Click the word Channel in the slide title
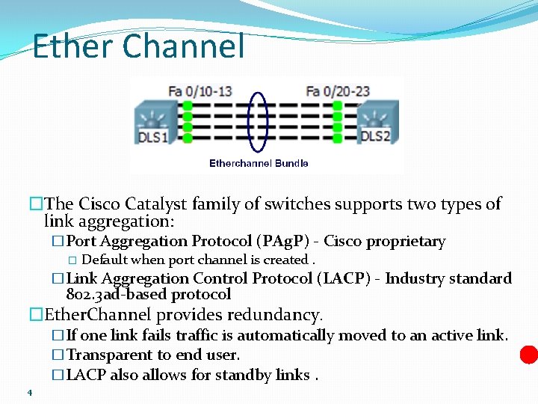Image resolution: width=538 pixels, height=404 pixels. [x=182, y=46]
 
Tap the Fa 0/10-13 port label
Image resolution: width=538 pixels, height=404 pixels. [x=200, y=91]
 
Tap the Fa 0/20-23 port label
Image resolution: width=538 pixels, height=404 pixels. [x=338, y=91]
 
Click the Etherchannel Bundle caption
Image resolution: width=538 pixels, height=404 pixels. [x=259, y=163]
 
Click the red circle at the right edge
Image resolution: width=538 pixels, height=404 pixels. [x=529, y=354]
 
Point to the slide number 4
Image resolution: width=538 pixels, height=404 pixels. [x=29, y=393]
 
